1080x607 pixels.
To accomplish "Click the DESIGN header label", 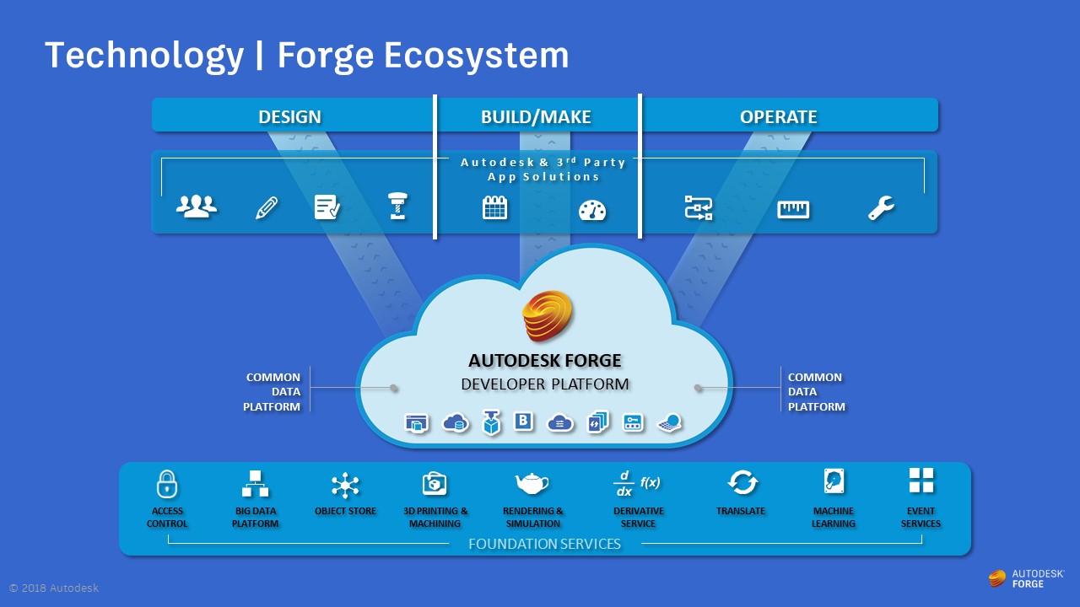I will pyautogui.click(x=289, y=116).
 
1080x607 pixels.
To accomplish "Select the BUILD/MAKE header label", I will pyautogui.click(x=536, y=116).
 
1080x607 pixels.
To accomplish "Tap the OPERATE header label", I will pyautogui.click(x=778, y=116).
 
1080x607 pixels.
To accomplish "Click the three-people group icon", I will pyautogui.click(x=197, y=207).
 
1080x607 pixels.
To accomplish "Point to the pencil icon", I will pyautogui.click(x=267, y=207).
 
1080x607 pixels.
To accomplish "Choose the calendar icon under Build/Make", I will pyautogui.click(x=495, y=207).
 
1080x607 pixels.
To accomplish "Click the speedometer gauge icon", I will pyautogui.click(x=592, y=209).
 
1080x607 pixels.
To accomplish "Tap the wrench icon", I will pyautogui.click(x=881, y=207).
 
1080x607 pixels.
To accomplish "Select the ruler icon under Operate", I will pyautogui.click(x=793, y=208).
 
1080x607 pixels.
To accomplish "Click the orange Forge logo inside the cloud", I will pyautogui.click(x=546, y=318).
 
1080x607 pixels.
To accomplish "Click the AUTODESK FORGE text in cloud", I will pyautogui.click(x=545, y=361).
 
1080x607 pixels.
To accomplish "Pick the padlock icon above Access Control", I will pyautogui.click(x=167, y=484).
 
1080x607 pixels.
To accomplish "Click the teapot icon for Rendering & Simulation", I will pyautogui.click(x=532, y=483).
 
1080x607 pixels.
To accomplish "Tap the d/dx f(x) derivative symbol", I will pyautogui.click(x=637, y=483).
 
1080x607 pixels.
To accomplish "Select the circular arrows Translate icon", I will pyautogui.click(x=742, y=483).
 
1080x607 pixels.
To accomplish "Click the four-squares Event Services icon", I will pyautogui.click(x=921, y=481).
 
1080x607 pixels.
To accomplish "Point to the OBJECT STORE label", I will pyautogui.click(x=345, y=511).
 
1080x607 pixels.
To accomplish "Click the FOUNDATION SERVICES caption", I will pyautogui.click(x=544, y=544).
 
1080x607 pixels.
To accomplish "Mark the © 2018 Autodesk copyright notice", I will pyautogui.click(x=54, y=588).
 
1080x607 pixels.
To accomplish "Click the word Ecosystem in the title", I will pyautogui.click(x=476, y=56).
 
